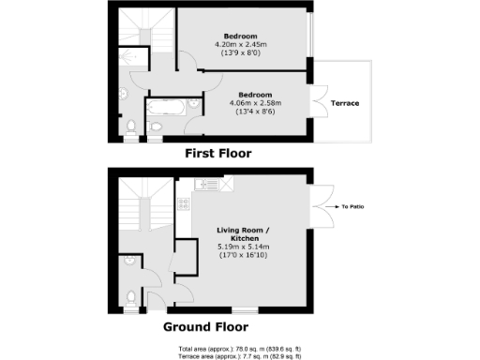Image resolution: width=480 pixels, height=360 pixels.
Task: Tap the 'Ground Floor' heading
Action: click(205, 327)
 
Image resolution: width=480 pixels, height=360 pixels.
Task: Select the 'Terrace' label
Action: click(344, 103)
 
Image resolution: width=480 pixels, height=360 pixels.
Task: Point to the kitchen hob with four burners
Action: click(185, 202)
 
